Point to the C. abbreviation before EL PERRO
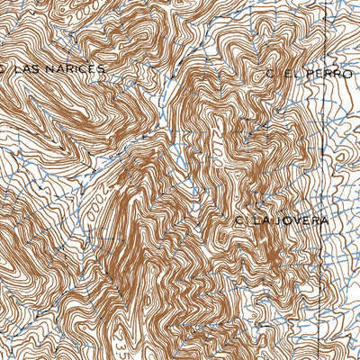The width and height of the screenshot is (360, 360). pos(269,73)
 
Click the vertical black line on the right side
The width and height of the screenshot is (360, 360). pos(322,180)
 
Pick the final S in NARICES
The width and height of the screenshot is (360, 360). pos(101,68)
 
